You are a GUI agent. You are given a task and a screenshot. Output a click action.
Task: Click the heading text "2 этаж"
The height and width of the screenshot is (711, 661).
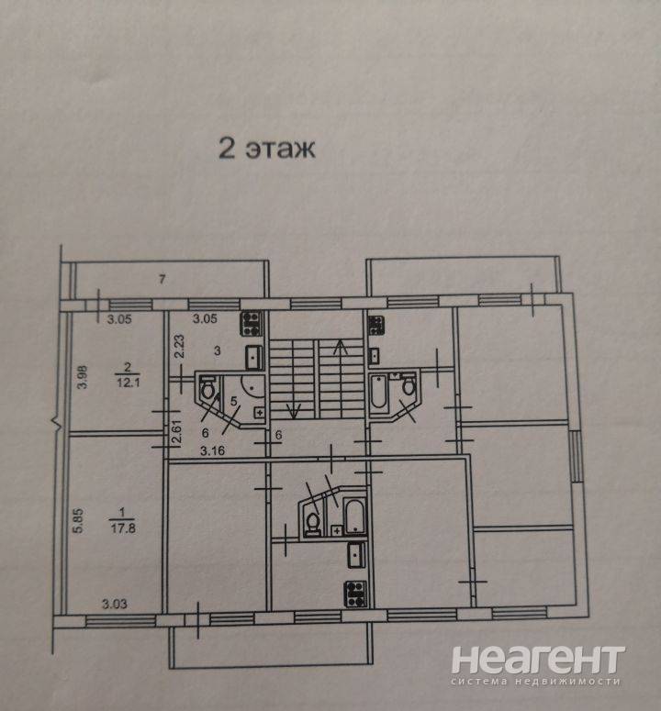267,149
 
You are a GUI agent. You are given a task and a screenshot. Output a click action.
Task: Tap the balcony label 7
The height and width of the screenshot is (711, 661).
162,279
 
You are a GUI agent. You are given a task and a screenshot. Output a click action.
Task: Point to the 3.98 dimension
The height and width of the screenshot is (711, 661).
83,377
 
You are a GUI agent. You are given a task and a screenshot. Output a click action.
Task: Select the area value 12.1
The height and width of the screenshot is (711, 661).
128,383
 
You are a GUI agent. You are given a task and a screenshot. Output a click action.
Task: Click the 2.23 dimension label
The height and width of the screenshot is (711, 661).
179,347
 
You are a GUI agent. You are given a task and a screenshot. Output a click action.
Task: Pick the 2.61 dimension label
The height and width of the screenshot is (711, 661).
176,432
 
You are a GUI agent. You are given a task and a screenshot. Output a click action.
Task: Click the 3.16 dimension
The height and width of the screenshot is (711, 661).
212,450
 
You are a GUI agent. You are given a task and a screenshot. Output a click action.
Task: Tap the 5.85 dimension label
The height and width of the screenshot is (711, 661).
78,520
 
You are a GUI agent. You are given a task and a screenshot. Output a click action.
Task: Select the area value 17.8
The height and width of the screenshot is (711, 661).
123,528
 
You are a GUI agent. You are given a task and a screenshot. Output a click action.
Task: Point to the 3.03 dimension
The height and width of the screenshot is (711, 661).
115,604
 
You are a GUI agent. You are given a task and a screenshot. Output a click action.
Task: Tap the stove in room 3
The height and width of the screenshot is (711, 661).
252,324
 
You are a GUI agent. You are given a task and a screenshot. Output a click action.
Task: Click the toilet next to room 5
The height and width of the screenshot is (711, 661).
208,388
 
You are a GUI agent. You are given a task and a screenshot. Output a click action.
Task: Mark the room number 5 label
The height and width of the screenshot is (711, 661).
233,401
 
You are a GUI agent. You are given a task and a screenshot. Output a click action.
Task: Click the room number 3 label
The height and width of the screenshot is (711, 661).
218,350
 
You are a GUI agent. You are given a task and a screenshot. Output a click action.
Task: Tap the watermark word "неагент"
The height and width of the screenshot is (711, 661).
538,661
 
